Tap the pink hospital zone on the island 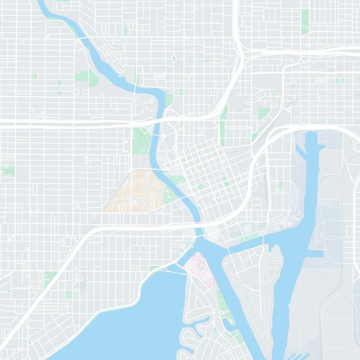(198, 268)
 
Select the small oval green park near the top (174, 58)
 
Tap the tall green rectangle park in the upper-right (305, 20)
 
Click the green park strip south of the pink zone (220, 301)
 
